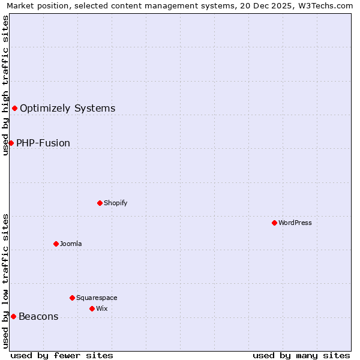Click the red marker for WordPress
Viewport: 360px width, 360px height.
(x=274, y=223)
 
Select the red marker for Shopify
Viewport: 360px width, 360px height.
(x=100, y=203)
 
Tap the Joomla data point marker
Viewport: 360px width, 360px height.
(x=56, y=244)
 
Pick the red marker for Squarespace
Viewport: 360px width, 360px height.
(x=72, y=298)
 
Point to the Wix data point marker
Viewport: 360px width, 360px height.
(x=92, y=308)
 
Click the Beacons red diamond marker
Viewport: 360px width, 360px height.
(x=13, y=316)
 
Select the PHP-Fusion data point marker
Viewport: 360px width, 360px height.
(x=11, y=143)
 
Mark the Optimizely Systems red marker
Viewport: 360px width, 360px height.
(x=14, y=108)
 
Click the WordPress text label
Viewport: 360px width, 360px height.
(x=295, y=223)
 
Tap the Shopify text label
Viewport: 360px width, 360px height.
(x=115, y=203)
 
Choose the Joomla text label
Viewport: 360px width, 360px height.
(x=71, y=244)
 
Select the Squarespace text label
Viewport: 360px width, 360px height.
(x=97, y=298)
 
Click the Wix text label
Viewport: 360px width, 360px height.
(x=101, y=308)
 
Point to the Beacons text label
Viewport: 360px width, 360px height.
(x=38, y=317)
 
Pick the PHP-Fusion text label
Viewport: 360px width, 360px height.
(x=43, y=143)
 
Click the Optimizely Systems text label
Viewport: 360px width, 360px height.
(x=67, y=109)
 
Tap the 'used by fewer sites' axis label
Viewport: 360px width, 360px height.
(x=62, y=355)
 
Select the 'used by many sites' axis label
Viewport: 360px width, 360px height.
(x=301, y=355)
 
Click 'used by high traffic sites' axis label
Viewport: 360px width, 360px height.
(x=5, y=85)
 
